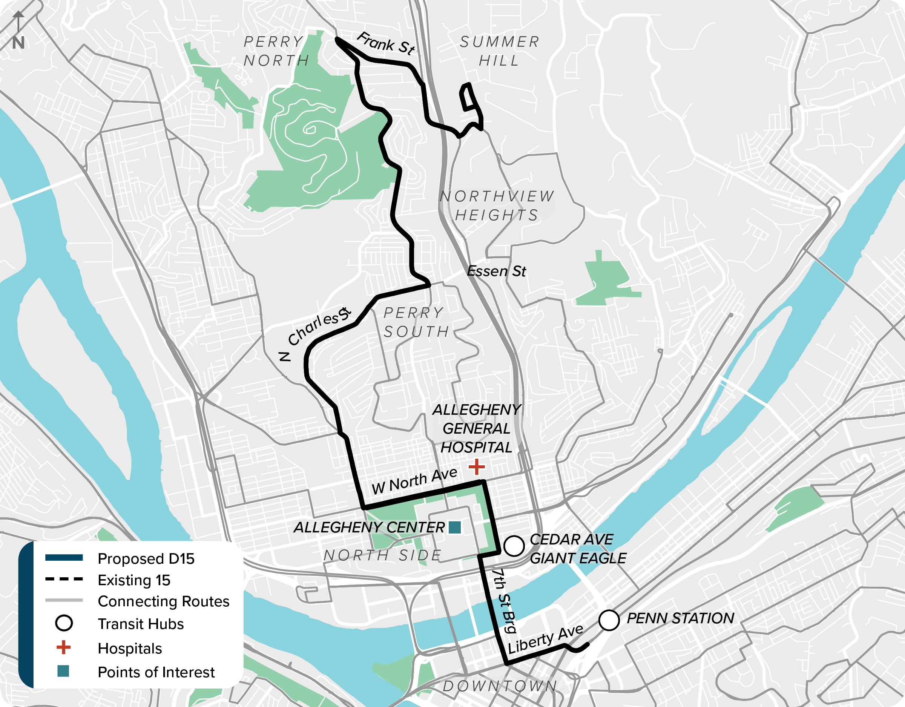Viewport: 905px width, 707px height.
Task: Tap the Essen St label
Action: click(x=496, y=271)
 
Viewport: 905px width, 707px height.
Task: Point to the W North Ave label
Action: click(x=414, y=481)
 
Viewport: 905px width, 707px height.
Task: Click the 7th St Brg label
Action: click(x=504, y=601)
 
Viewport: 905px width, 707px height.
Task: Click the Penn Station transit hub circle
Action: click(x=609, y=620)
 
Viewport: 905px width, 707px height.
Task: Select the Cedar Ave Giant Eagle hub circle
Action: click(x=514, y=546)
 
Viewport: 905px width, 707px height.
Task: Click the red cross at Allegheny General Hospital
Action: click(x=477, y=467)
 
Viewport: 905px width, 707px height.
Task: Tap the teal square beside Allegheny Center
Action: click(x=454, y=527)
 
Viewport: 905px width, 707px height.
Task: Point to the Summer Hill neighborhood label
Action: click(x=499, y=51)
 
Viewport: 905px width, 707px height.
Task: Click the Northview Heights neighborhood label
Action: click(x=497, y=206)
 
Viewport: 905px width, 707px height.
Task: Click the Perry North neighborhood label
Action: click(x=276, y=51)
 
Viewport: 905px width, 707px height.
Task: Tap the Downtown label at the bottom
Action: click(x=500, y=686)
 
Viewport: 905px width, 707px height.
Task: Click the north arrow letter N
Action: click(x=18, y=43)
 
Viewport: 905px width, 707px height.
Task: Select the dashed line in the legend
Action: click(x=64, y=579)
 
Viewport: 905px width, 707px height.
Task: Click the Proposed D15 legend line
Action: click(x=64, y=558)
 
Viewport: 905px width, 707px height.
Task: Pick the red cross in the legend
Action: click(x=63, y=647)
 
